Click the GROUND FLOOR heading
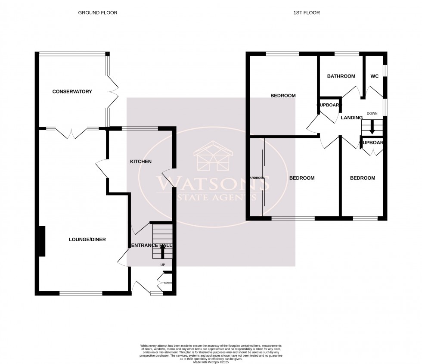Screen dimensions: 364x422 (97, 13)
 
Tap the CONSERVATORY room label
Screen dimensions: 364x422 (72, 91)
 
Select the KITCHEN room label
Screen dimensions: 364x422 (141, 162)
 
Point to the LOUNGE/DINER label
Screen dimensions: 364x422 (87, 240)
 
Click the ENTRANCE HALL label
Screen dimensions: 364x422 (151, 246)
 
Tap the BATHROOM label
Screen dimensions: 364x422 (341, 76)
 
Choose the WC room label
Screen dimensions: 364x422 (375, 76)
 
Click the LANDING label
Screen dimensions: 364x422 (351, 118)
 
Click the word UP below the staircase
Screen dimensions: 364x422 (162, 265)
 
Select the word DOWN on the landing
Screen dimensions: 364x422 (372, 113)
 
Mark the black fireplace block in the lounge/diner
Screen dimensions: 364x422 (42, 241)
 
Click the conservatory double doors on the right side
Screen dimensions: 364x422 (113, 91)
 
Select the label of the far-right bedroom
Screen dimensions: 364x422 (362, 178)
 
